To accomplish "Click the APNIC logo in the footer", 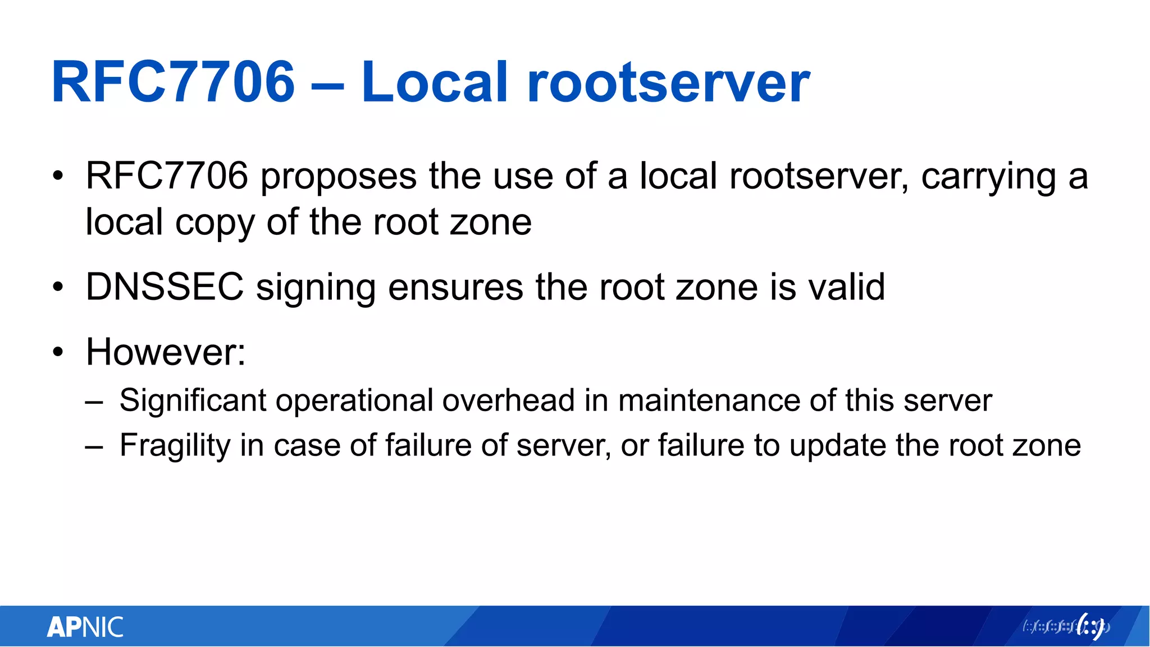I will coord(85,627).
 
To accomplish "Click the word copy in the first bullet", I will coord(215,223).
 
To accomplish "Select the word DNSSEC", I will coord(165,287).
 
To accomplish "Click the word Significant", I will coord(193,401).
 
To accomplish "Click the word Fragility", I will coord(175,446).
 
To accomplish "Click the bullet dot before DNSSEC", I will coord(58,288).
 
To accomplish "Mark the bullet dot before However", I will coord(58,353).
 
